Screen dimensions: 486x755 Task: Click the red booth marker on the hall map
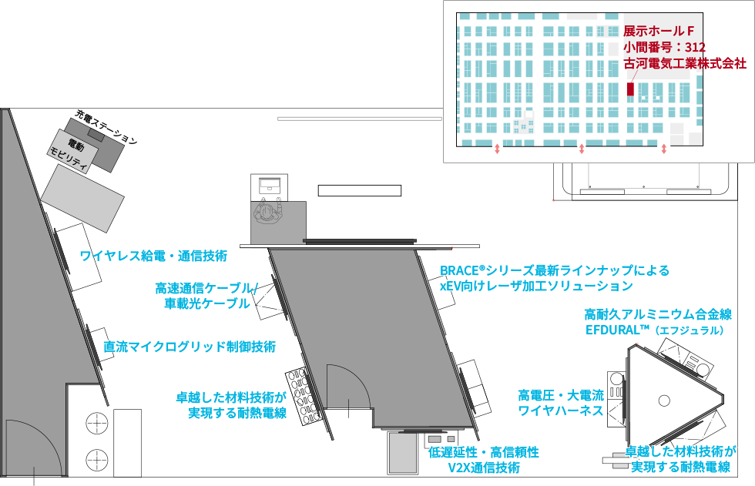point(630,89)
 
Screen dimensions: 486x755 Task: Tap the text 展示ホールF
point(659,31)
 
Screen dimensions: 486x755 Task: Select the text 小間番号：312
point(664,47)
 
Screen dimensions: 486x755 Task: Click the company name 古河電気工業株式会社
point(685,63)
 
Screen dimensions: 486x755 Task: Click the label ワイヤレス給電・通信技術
point(153,256)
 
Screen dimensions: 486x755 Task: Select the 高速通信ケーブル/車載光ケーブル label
point(206,296)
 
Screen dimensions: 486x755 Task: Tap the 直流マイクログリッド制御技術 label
point(190,346)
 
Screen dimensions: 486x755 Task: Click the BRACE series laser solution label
point(555,278)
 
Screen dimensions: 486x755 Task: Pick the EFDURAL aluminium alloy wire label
point(656,322)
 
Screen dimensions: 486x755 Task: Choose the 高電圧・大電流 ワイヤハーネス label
point(560,403)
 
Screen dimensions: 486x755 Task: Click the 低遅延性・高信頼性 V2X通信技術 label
point(484,459)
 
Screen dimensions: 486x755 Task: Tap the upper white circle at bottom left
point(96,423)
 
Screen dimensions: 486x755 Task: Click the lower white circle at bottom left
point(96,459)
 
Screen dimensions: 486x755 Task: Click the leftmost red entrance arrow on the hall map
point(497,148)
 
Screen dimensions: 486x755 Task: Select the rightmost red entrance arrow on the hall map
point(664,148)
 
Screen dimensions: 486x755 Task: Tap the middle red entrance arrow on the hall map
point(582,148)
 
